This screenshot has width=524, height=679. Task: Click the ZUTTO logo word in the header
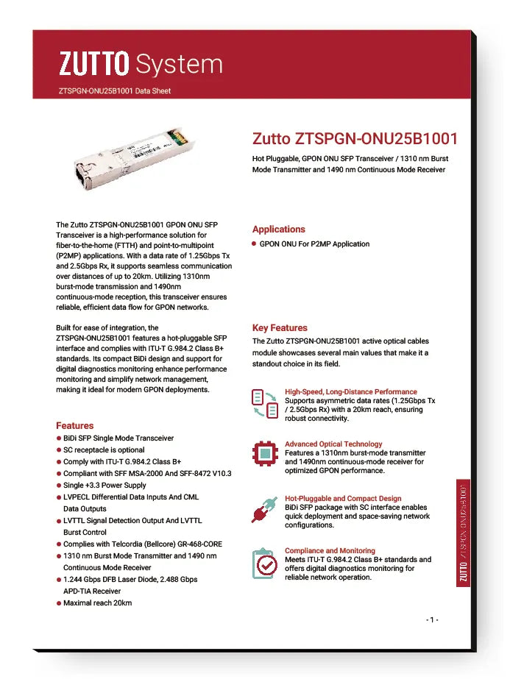click(93, 65)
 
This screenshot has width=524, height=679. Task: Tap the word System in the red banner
click(180, 65)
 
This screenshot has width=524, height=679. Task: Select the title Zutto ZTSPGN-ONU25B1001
click(355, 138)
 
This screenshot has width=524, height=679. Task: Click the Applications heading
click(278, 230)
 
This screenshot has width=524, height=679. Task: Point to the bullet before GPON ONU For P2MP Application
click(254, 243)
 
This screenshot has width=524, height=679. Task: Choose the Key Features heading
click(280, 328)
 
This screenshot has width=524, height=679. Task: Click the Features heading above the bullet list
click(74, 425)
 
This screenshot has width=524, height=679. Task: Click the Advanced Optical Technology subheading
click(333, 444)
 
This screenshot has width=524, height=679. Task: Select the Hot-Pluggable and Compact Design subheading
click(343, 499)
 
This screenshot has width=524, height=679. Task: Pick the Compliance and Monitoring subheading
click(330, 551)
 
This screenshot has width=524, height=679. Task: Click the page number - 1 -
click(433, 619)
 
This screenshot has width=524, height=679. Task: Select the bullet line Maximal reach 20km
click(97, 603)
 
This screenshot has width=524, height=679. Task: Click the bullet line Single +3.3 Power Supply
click(105, 486)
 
